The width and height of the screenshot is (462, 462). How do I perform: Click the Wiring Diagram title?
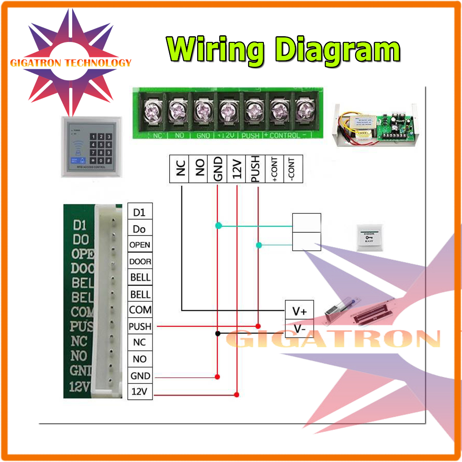click(x=283, y=50)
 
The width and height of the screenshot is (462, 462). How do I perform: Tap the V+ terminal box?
click(x=300, y=310)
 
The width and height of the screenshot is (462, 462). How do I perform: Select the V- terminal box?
click(x=300, y=329)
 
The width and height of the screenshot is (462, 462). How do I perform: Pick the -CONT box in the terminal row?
click(x=291, y=169)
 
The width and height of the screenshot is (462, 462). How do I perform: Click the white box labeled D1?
click(x=139, y=212)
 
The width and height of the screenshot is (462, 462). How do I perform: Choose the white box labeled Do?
click(x=139, y=229)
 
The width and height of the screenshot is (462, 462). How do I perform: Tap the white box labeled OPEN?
click(x=139, y=245)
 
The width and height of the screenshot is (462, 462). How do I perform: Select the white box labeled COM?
click(x=140, y=310)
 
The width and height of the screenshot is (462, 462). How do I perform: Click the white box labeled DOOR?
click(x=140, y=261)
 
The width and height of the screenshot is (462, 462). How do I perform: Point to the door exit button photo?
click(x=370, y=237)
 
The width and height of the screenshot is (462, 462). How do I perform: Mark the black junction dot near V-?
click(x=217, y=334)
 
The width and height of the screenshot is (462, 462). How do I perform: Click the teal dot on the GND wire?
click(x=218, y=225)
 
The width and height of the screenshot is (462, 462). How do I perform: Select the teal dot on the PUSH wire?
click(x=259, y=245)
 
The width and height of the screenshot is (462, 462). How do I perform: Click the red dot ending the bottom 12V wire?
click(x=236, y=395)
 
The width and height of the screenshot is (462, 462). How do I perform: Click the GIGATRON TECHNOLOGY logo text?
click(x=71, y=63)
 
